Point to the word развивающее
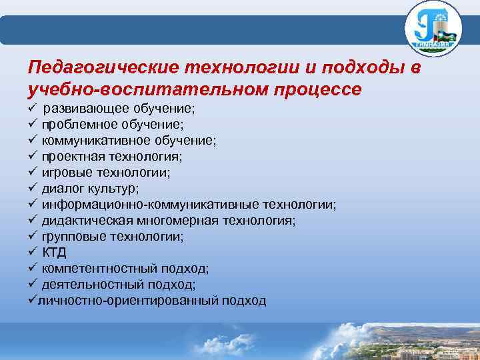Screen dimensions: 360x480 tap(83, 108)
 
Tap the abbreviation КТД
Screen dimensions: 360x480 tap(55, 252)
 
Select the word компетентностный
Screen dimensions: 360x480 tap(98, 268)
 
